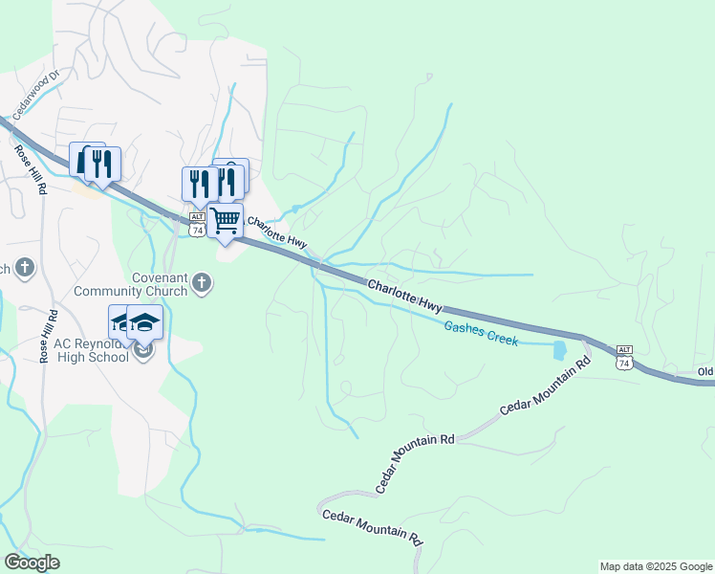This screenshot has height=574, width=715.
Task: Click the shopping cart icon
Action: click(226, 221)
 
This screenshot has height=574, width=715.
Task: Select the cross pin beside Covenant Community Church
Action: click(201, 282)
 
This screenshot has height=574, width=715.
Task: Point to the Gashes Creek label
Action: click(481, 333)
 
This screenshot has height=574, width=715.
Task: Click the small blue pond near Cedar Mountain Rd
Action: click(559, 350)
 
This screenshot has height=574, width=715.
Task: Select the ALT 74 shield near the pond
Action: click(624, 357)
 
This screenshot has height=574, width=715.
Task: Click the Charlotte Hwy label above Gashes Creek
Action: click(405, 295)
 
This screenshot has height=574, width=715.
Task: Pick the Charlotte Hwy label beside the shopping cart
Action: click(276, 235)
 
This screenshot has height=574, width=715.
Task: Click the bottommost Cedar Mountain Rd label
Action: click(373, 527)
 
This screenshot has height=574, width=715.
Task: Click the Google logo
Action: click(32, 563)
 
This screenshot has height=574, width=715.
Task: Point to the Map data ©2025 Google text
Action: click(656, 566)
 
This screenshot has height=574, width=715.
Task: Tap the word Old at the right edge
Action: click(705, 371)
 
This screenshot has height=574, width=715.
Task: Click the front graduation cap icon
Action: click(145, 323)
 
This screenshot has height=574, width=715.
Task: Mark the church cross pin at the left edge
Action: click(25, 269)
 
